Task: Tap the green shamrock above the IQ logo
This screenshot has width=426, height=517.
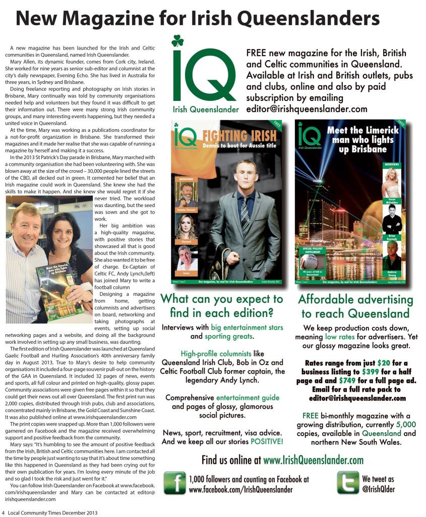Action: pyautogui.click(x=177, y=41)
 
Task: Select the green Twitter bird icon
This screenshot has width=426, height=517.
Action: pyautogui.click(x=348, y=483)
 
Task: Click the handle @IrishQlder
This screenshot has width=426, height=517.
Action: pyautogui.click(x=379, y=488)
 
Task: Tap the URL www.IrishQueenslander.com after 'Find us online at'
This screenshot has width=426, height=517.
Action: pyautogui.click(x=313, y=460)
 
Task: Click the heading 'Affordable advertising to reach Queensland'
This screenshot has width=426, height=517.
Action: pyautogui.click(x=355, y=306)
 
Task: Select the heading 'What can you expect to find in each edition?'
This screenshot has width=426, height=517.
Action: pyautogui.click(x=221, y=305)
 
